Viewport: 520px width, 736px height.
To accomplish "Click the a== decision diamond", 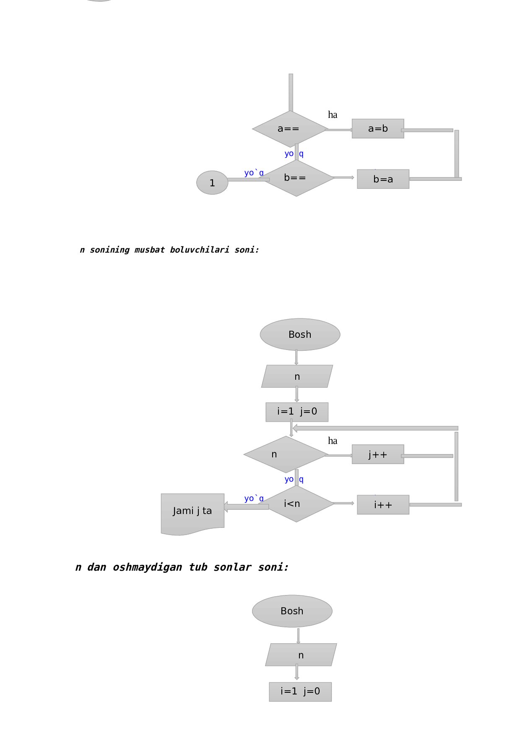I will [x=289, y=129].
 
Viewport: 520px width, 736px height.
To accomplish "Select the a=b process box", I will [x=377, y=128].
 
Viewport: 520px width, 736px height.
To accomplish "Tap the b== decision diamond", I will [x=296, y=178].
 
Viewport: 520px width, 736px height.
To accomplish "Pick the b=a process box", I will [x=383, y=179].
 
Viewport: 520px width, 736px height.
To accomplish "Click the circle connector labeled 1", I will [x=212, y=183].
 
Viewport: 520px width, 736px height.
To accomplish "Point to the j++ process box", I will [x=377, y=454].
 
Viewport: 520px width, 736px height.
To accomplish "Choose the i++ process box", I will [x=383, y=505].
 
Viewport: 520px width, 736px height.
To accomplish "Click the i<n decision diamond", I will [x=296, y=504].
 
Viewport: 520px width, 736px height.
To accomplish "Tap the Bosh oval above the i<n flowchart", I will [x=300, y=334].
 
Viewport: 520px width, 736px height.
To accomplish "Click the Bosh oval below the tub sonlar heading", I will [x=292, y=611].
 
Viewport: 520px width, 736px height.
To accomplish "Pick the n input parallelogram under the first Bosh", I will [x=297, y=376].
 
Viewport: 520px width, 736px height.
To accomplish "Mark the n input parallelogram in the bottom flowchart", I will [x=301, y=655].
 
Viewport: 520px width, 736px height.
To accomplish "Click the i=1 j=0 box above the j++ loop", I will [x=297, y=412].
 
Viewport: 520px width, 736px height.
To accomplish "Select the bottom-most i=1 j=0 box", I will [x=300, y=692].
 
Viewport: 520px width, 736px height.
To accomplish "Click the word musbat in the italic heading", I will [x=149, y=250].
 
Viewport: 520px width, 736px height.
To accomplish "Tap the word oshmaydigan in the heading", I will [x=147, y=567].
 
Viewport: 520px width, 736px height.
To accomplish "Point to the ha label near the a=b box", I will [x=333, y=115].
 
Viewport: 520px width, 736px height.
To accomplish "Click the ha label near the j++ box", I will [x=333, y=441].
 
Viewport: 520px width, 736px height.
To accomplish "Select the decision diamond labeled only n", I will [x=286, y=454].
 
